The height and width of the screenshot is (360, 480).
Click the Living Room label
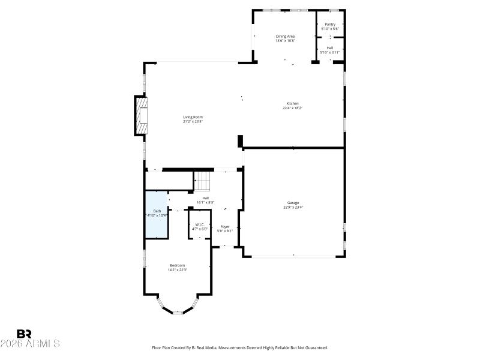tap(193, 117)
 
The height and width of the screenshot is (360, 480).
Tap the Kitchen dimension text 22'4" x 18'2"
tap(292, 108)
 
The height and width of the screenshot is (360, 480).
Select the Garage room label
tap(293, 203)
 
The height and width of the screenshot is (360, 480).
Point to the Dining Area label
tap(285, 36)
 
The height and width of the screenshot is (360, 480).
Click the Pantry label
tap(330, 24)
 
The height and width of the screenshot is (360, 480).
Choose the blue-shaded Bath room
tap(156, 214)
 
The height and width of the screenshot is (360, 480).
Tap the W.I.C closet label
tap(200, 224)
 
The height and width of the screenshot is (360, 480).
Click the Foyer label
tap(225, 226)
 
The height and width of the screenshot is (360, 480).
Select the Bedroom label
tap(177, 265)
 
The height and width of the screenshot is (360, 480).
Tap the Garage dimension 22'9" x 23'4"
tap(293, 208)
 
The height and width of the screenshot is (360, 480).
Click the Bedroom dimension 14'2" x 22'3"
tap(177, 270)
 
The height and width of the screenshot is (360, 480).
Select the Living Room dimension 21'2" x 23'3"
tap(193, 122)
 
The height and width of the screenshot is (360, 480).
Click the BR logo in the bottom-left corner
tap(24, 334)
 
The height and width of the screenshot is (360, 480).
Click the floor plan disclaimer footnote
tap(240, 347)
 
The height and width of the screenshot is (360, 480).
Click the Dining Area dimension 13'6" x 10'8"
tap(285, 41)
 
